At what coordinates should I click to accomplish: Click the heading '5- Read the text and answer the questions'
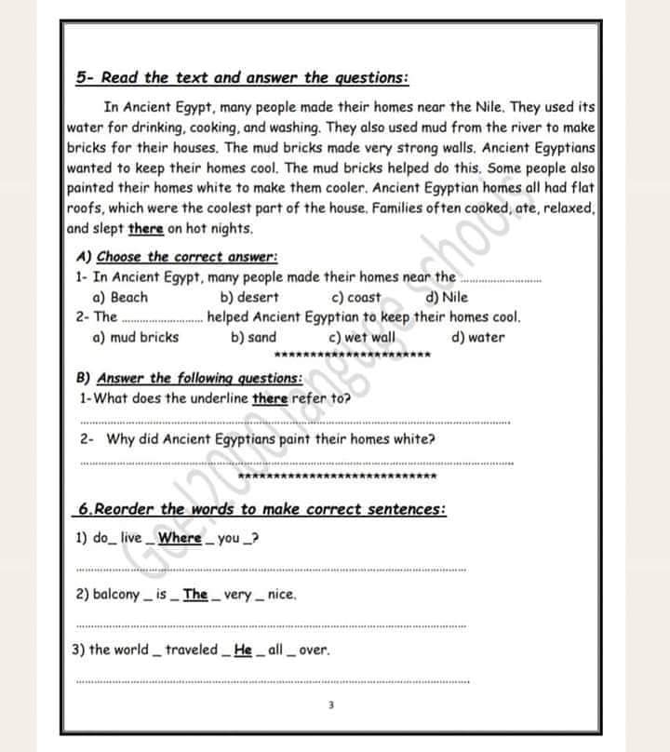tap(241, 78)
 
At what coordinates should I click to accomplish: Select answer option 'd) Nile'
tap(447, 298)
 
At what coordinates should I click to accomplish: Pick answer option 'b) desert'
tap(249, 298)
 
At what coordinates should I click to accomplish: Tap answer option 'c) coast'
tap(356, 298)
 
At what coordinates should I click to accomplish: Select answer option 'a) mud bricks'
tap(136, 338)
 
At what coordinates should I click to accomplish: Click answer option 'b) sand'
tap(253, 338)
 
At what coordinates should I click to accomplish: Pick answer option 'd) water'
tap(477, 338)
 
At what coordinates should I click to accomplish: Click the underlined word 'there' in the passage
tap(145, 229)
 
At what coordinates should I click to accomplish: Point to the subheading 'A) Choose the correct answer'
tap(178, 257)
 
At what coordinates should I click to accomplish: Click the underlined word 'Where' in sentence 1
tap(180, 539)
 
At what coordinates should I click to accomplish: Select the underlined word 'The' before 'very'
tap(195, 595)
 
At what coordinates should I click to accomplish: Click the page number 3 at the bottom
tap(330, 705)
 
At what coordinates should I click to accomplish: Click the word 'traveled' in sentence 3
tap(191, 651)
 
